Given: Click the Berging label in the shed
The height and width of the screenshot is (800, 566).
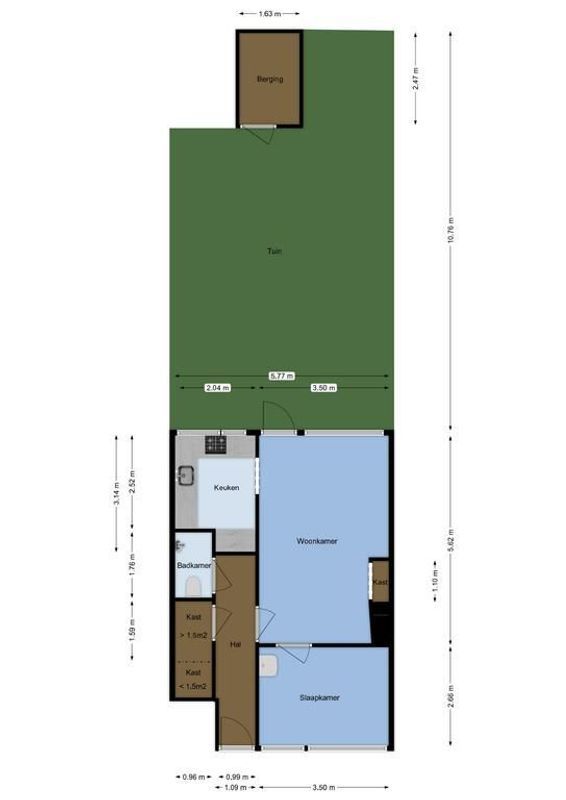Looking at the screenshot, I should tap(269, 79).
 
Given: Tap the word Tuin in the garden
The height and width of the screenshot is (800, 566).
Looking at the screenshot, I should tap(274, 252).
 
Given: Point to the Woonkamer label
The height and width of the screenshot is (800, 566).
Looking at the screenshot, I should tap(317, 541).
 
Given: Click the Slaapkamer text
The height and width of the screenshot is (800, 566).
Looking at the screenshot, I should tap(319, 698).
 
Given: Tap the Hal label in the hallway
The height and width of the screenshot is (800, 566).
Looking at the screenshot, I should tap(236, 644).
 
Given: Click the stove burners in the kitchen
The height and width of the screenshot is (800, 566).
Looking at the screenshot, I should tap(216, 443).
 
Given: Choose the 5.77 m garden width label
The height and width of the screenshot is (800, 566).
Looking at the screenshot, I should tap(282, 376).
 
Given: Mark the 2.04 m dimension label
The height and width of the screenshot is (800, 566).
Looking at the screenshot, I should tap(217, 388).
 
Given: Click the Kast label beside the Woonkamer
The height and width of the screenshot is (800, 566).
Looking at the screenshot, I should tap(379, 582).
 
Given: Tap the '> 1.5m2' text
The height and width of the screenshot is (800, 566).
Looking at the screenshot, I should tap(193, 635).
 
